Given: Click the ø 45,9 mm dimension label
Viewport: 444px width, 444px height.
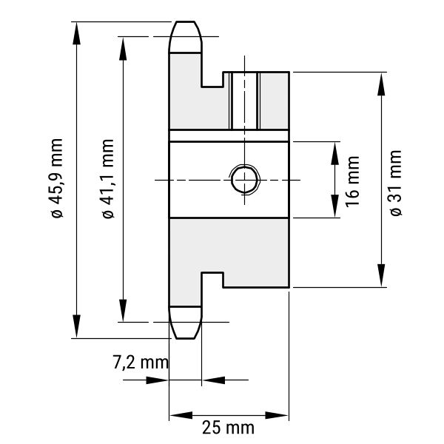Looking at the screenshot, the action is coord(57,178).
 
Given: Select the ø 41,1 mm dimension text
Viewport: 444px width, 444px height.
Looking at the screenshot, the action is coord(108,178).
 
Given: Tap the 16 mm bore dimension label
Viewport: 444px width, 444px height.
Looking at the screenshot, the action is coord(352,181).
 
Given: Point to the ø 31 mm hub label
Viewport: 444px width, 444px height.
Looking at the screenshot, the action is coord(396,184).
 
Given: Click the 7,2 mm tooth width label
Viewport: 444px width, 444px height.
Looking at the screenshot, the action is coord(141,362).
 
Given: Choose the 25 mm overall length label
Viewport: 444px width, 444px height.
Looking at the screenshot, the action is coord(228,427).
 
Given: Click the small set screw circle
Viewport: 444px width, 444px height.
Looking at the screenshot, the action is coord(244,180).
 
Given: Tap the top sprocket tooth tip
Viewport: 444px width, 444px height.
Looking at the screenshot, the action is coord(186,21).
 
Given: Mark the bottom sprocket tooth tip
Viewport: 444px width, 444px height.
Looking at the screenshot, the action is coord(186,338).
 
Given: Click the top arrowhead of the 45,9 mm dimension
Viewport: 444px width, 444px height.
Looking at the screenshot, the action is coord(76,33).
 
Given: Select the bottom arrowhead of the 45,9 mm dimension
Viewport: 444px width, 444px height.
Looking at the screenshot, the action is coord(76,326).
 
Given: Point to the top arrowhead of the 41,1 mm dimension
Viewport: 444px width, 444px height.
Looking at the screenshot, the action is coord(123,48).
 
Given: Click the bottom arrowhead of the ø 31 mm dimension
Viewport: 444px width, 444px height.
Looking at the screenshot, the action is coord(381,275).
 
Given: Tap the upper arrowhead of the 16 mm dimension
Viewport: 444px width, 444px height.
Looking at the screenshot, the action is coord(335,153).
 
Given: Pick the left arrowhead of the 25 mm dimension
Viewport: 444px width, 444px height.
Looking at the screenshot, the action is coord(181,415).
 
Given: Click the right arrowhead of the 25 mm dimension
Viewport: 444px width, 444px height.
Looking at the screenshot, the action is coord(277,415).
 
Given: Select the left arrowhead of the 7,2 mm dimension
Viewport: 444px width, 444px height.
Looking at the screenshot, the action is coord(157,380).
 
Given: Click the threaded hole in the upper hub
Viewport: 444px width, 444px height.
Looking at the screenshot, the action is coord(245,101).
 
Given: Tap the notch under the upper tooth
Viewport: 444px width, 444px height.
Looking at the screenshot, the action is coord(212,80).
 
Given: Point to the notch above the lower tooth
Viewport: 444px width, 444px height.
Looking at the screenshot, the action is coord(212,280).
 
